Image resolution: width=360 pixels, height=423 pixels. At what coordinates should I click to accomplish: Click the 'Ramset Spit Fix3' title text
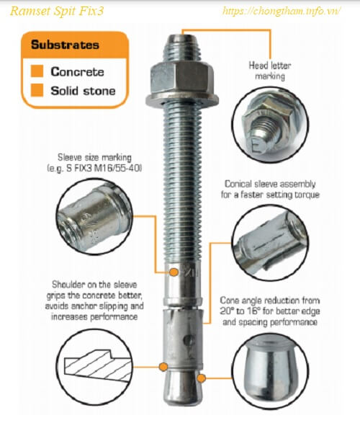57,12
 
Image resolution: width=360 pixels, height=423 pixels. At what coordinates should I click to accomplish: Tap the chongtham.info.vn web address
282,12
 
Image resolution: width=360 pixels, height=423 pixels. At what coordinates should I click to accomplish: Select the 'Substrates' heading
65,45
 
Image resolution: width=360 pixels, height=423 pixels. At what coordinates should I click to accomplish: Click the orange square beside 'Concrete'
37,71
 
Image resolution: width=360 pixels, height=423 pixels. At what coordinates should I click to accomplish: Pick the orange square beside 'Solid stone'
37,90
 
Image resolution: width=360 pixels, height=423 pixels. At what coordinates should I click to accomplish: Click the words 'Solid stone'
83,91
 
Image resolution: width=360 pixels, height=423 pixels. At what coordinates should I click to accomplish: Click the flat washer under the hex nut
182,100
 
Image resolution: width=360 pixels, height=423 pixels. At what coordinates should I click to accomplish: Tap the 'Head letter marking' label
270,71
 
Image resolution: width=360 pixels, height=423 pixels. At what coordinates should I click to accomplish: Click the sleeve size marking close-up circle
94,216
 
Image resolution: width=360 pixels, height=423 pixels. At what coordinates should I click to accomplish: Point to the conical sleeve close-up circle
270,243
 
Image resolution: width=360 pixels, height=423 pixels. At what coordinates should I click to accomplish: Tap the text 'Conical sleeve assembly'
270,184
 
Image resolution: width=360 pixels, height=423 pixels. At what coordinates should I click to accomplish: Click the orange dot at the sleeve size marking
174,272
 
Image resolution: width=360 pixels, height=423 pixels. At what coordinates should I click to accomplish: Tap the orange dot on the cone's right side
201,378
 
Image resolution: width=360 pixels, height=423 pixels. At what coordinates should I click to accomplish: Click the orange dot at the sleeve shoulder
163,367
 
